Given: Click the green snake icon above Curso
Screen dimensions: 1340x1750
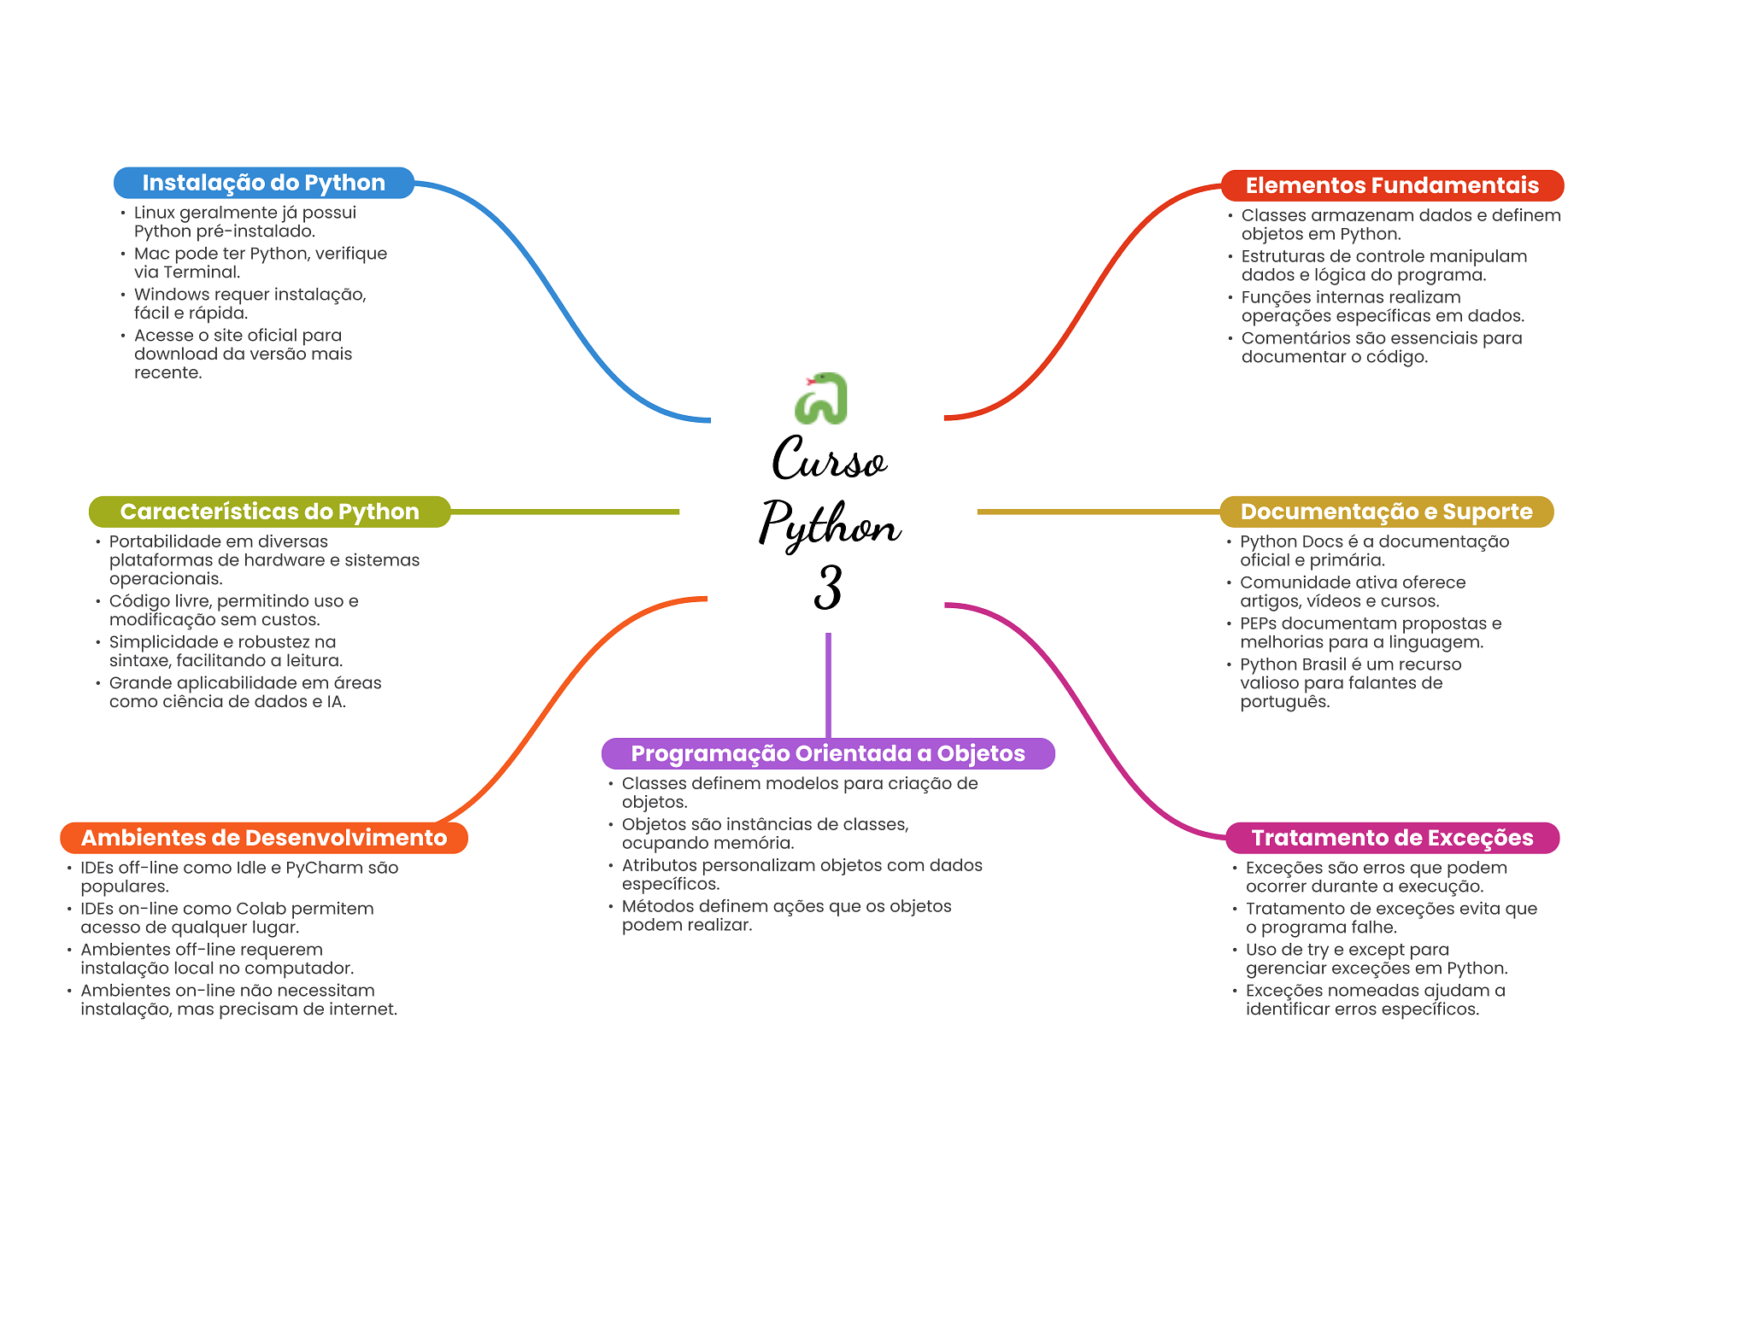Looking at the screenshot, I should coord(821,398).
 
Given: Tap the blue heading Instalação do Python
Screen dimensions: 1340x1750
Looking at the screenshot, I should coord(263,183).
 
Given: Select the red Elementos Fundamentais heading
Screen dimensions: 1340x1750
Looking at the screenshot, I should coord(1391,185).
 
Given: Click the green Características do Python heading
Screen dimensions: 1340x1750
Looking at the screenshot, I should coord(269,512).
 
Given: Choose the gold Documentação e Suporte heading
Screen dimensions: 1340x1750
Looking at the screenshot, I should coord(1386,512).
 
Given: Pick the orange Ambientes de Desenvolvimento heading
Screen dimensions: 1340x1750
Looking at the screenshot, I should coord(263,838).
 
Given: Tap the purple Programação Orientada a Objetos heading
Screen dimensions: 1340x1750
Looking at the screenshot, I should coord(827,753).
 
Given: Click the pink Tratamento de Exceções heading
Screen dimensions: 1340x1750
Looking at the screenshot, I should coord(1392,838).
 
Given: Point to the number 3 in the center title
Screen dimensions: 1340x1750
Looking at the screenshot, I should coord(827,588).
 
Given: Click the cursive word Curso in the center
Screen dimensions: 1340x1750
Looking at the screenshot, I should coord(829,459).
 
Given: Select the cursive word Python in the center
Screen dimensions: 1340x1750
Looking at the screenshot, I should coord(829,523).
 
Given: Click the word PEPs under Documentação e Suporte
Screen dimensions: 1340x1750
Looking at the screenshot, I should coord(1258,623).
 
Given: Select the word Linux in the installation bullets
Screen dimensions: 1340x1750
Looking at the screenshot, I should coord(154,213).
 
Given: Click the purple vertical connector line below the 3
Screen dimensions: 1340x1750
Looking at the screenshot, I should coord(828,683).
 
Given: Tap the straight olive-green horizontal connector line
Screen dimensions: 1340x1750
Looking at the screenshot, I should coord(564,512).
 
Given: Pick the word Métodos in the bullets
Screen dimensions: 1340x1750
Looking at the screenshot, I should coord(658,906).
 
